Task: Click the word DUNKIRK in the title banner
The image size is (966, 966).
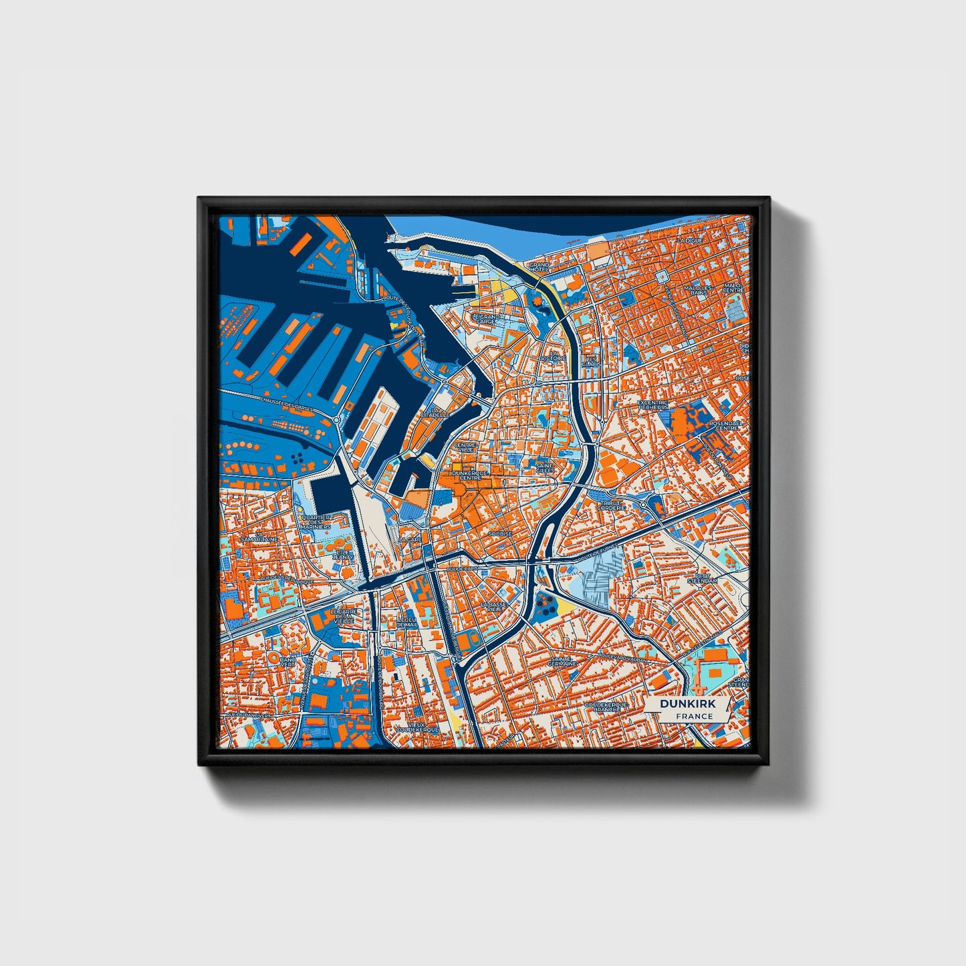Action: (x=687, y=704)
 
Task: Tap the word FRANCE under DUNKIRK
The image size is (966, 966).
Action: (x=693, y=716)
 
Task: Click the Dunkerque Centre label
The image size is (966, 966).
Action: (x=471, y=475)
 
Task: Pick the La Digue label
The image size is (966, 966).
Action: (x=689, y=240)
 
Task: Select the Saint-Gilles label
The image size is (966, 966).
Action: (x=545, y=468)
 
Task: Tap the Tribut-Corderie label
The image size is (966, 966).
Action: (x=612, y=505)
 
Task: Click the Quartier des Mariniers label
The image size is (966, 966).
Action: (x=316, y=521)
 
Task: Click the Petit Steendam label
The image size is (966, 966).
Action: (x=705, y=578)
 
